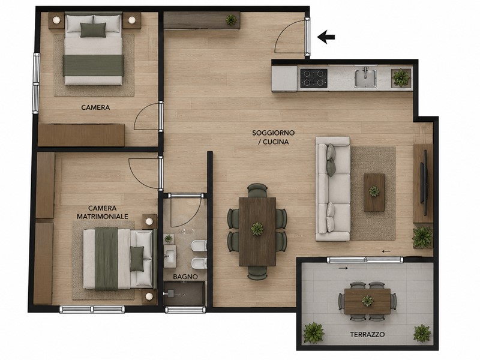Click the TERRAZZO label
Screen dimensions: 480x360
coord(367,334)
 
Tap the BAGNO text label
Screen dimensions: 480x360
coord(185,277)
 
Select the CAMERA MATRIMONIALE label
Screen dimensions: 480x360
coord(102,212)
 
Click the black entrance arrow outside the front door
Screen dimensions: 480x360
coord(326,37)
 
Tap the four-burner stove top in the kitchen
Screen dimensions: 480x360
coord(314,78)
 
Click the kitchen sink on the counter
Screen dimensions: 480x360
coord(365,77)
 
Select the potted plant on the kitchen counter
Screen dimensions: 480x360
coord(400,78)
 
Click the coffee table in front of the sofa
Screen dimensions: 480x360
coord(374,192)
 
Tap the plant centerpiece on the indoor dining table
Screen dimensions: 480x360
coord(257,229)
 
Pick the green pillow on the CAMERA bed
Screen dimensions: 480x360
coord(93,29)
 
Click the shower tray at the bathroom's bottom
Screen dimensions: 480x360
coord(184,294)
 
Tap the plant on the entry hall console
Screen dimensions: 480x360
coord(231,20)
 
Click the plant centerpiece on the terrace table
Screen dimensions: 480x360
coord(367,301)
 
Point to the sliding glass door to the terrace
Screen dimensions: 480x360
coord(365,260)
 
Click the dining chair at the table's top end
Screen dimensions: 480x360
coord(257,190)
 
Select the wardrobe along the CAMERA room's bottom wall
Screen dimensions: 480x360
coord(82,135)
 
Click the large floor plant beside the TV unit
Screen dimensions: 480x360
coord(422,236)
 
